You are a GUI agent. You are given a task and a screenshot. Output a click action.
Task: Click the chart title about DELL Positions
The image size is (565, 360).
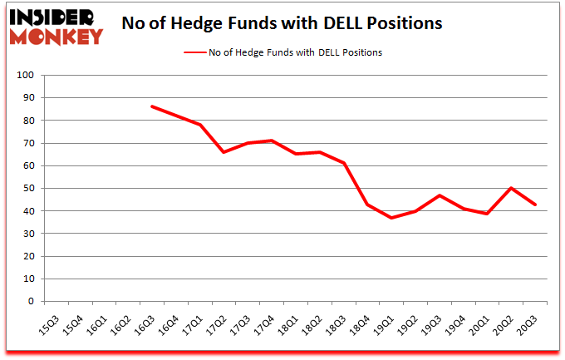281,23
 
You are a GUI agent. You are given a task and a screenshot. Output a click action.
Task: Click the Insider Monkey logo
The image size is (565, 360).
56,24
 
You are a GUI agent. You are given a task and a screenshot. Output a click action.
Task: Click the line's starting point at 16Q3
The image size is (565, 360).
152,106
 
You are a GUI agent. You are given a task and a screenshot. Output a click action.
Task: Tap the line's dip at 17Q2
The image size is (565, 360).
224,152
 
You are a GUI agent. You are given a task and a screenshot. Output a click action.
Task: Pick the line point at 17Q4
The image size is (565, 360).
273,141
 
